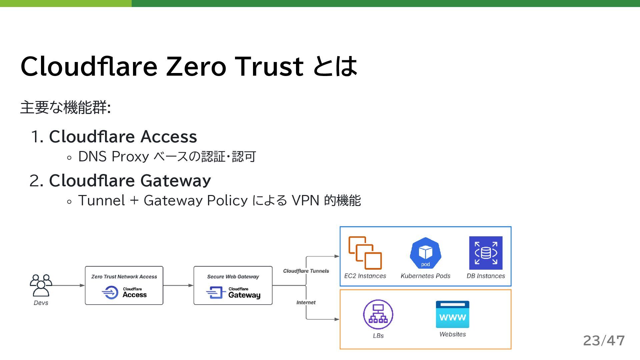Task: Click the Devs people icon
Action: click(41, 285)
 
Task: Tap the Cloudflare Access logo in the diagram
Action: click(124, 292)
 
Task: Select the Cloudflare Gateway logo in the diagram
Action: click(233, 292)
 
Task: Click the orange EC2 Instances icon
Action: click(365, 253)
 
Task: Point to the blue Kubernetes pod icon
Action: click(425, 253)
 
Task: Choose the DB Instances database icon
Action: click(486, 253)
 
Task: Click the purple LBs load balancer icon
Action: click(378, 314)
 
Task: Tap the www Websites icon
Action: click(452, 314)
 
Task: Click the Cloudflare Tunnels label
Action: click(306, 271)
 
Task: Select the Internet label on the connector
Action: click(306, 302)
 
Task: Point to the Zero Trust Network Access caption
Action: click(124, 277)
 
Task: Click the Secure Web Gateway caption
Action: click(233, 277)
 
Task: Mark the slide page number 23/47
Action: click(604, 341)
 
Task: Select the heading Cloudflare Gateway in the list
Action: click(130, 180)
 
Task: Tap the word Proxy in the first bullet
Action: click(130, 156)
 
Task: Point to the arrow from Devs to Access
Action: click(68, 285)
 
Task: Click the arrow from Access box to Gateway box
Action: click(178, 285)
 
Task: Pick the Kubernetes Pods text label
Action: click(425, 276)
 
